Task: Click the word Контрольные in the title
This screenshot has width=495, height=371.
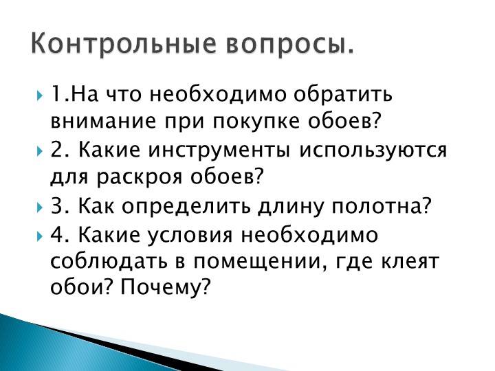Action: click(x=124, y=43)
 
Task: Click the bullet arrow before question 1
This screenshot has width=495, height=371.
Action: click(x=39, y=95)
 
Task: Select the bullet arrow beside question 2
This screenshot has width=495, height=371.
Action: click(x=39, y=150)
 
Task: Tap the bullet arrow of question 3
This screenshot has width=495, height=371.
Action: click(x=39, y=207)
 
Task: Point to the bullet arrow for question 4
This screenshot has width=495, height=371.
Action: click(x=39, y=236)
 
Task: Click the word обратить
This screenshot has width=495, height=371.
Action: click(x=343, y=94)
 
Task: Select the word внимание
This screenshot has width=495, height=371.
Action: click(x=103, y=121)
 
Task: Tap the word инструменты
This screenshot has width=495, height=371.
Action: click(x=219, y=151)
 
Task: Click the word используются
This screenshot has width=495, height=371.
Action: click(x=373, y=150)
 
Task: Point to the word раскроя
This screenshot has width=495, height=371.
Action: click(x=139, y=179)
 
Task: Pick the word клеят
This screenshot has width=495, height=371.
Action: click(x=410, y=262)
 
